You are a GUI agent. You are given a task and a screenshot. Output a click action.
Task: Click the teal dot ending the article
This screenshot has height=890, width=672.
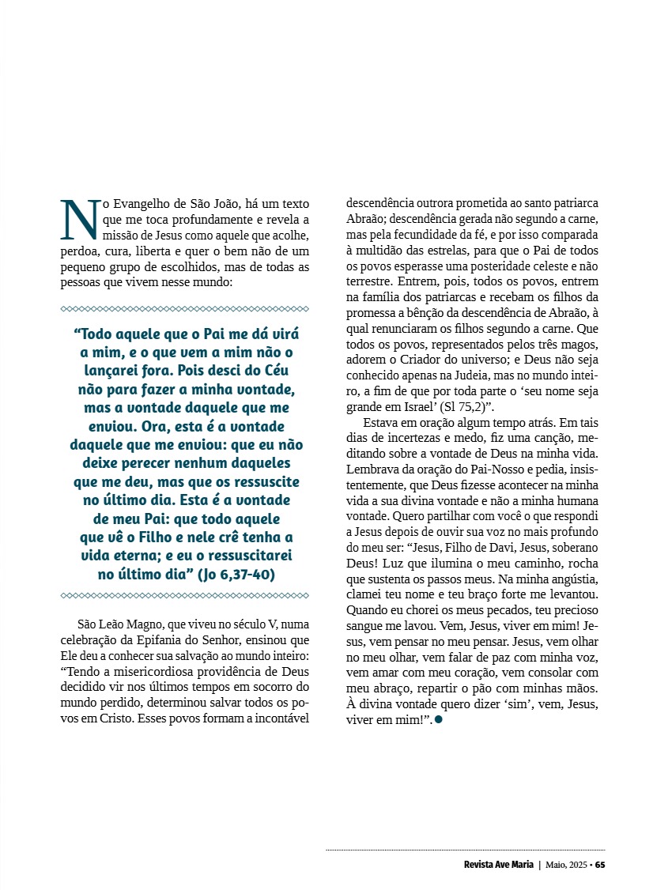coord(439,720)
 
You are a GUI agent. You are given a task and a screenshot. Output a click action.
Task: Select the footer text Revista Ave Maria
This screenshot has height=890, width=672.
coord(499,864)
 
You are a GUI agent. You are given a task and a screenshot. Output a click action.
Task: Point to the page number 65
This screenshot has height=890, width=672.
coord(600,864)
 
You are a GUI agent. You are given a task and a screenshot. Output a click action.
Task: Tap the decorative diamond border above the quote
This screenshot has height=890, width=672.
coord(184,308)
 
